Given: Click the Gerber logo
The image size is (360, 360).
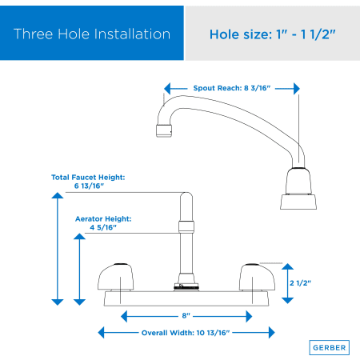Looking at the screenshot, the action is (x=329, y=347).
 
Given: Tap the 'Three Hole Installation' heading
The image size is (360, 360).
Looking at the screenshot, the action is (x=92, y=34).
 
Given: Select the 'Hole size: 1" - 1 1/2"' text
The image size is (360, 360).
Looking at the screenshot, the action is (x=272, y=34).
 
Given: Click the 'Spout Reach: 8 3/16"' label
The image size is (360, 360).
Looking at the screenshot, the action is (x=232, y=88).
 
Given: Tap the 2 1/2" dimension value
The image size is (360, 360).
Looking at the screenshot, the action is (x=300, y=283).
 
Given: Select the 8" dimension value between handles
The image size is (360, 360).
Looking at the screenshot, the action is (x=186, y=316).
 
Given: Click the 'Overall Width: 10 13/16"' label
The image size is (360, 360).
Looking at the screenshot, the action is (x=186, y=333).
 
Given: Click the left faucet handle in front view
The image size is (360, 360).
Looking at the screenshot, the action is (x=115, y=277).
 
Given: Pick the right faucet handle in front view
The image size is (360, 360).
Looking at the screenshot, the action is (x=257, y=277).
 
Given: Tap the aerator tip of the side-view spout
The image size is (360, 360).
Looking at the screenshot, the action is (x=164, y=130).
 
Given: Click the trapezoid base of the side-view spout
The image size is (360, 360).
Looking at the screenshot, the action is (x=298, y=202).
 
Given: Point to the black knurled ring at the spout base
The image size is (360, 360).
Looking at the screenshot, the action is (x=186, y=287).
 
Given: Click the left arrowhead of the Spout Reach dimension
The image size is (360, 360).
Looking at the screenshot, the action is (x=167, y=89).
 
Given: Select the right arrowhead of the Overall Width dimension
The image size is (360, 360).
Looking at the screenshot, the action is (x=272, y=333).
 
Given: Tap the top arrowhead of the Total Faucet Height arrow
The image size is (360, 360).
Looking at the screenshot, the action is (x=58, y=195).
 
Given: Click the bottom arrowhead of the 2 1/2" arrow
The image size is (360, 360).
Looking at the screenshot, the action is (x=287, y=301).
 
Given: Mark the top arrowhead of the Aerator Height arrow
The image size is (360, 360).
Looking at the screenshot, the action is (x=79, y=236).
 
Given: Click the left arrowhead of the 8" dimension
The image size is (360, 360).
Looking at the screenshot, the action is (x=124, y=316).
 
